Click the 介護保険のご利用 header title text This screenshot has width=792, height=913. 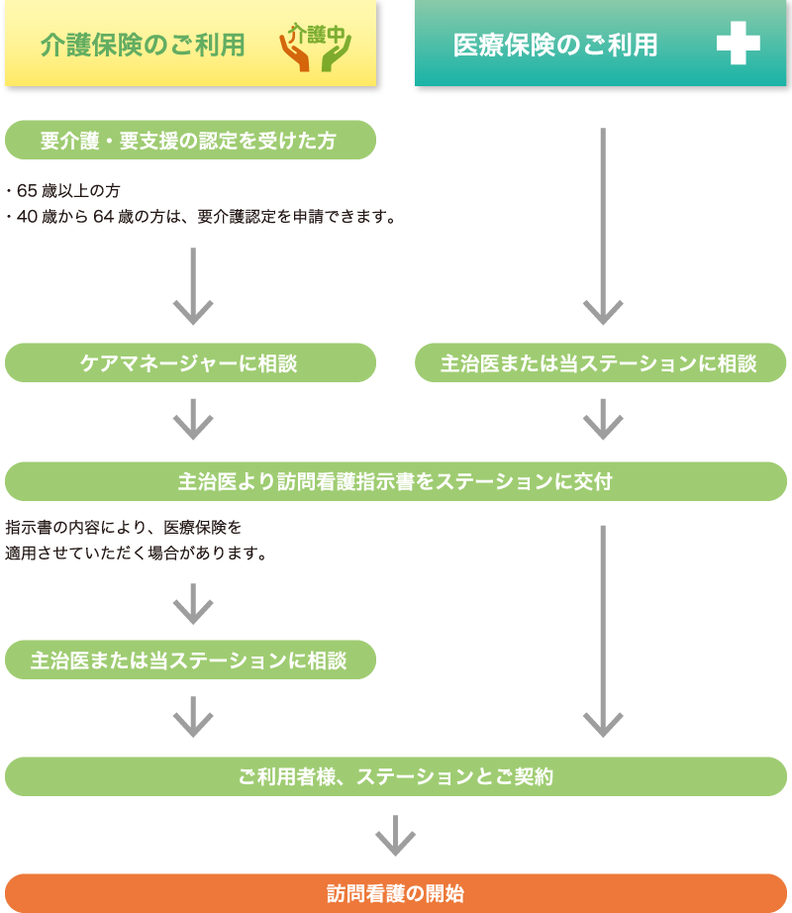143,46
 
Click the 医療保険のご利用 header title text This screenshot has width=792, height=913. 554,46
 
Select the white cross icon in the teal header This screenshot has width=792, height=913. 738,45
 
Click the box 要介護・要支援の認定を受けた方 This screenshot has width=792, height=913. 190,141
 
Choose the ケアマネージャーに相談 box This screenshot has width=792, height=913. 190,363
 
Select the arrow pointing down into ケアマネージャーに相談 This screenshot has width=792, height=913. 193,287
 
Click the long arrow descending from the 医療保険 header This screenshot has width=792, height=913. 602,228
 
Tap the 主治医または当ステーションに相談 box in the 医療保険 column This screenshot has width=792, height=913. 600,363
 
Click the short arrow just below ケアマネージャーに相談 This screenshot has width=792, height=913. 193,420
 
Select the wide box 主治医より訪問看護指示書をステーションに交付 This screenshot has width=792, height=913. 396,482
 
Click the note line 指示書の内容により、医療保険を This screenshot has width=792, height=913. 124,527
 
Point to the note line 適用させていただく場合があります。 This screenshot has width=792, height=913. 138,553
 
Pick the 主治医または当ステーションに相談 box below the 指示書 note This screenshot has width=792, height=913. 190,660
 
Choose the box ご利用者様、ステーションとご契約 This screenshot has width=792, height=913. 396,777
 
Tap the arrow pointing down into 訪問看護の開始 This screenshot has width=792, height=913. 395,836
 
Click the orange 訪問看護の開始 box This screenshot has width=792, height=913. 396,893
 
